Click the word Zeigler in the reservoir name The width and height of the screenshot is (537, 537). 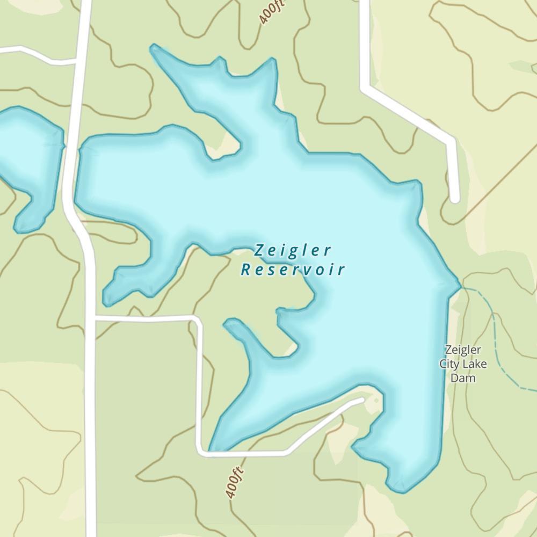293,251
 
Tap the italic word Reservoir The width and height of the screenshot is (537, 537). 293,270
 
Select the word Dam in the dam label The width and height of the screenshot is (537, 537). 463,378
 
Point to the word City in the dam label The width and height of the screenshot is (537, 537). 449,364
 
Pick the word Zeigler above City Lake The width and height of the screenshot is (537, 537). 463,350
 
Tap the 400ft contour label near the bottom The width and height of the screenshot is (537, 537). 235,482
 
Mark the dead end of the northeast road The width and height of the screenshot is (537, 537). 455,199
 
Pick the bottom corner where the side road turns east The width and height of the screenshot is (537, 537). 201,453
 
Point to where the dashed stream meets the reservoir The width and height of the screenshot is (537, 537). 461,288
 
